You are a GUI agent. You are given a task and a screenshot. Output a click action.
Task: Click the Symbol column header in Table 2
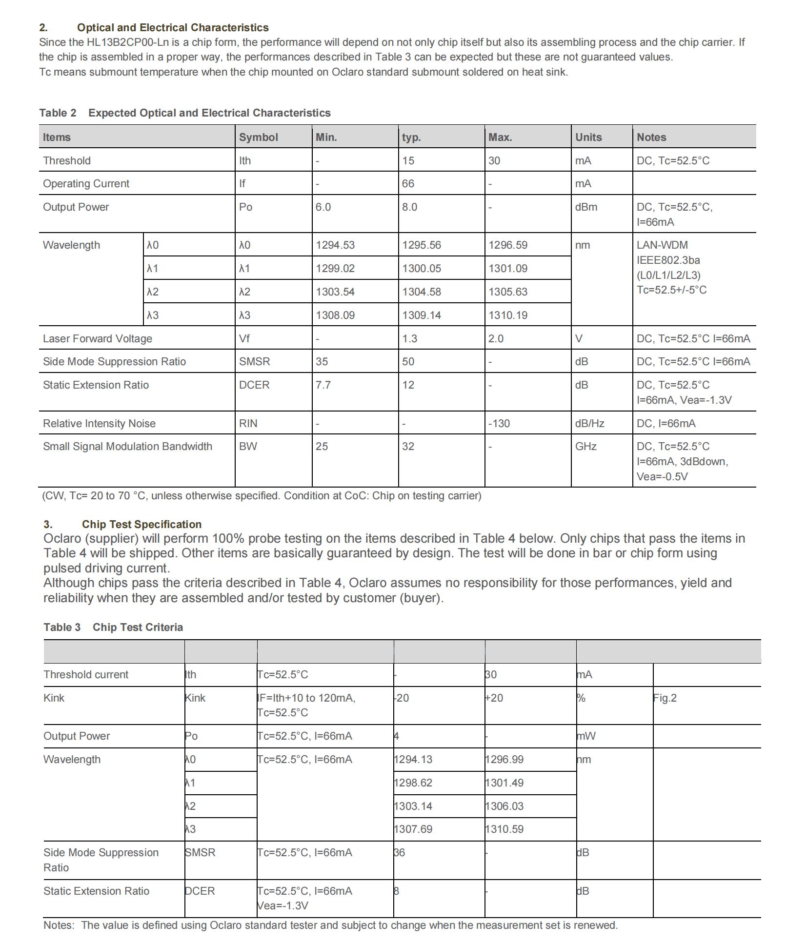pos(258,137)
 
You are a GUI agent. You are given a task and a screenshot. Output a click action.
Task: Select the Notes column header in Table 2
pos(651,137)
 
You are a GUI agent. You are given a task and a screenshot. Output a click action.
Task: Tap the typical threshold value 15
pos(408,161)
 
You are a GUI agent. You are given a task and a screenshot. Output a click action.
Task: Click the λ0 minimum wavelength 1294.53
pos(335,245)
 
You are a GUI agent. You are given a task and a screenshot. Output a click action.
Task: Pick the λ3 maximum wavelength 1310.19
pos(507,315)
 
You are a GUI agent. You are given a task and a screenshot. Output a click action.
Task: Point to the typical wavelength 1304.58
pos(421,292)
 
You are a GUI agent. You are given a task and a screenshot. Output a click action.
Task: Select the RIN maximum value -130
pos(499,424)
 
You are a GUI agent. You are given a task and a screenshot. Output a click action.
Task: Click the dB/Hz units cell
pos(589,424)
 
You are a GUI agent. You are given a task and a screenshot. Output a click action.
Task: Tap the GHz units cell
pos(585,447)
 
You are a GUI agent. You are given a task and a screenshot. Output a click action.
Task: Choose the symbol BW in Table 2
pos(248,447)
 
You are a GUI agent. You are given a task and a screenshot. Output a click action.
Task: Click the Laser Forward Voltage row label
pos(97,339)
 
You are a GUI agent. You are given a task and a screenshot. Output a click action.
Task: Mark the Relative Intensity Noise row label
pos(99,424)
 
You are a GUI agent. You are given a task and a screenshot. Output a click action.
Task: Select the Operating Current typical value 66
pos(408,184)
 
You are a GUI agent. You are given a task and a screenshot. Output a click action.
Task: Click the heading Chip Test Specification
pos(141,525)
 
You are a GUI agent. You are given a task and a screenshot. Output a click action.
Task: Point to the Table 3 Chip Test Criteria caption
pos(113,627)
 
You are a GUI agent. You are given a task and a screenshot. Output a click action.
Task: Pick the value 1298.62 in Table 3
pos(413,783)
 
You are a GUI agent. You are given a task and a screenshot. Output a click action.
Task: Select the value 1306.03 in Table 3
pos(504,806)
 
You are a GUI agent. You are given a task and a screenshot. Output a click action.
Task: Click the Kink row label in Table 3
pos(54,698)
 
